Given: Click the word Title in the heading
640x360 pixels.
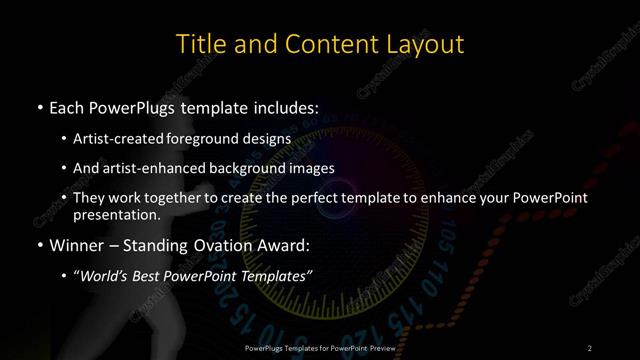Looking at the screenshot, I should pos(198,44).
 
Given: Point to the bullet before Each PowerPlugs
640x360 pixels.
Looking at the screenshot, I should pos(39,106).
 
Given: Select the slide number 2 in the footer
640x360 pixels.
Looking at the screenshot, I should pos(590,347).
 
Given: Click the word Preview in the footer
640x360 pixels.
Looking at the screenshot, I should pos(379,347).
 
